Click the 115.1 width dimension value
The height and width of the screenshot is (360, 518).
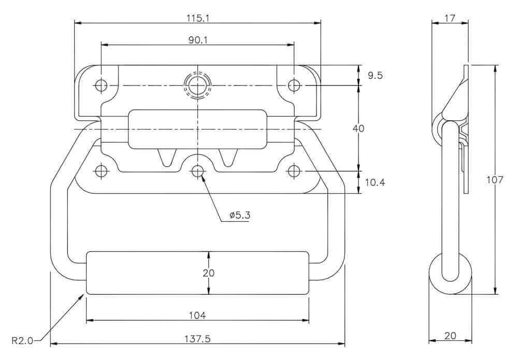tap(198, 18)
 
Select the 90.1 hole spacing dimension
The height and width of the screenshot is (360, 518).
tap(198, 40)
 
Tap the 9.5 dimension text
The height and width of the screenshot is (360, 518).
tap(375, 75)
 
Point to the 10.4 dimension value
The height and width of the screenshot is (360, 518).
tap(375, 182)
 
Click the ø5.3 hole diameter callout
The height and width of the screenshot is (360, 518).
tap(240, 215)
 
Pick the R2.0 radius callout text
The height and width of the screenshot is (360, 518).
tap(22, 340)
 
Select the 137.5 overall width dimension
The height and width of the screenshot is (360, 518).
tap(198, 339)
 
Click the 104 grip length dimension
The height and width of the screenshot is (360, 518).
tap(197, 315)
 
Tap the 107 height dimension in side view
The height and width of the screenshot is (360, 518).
tap(495, 180)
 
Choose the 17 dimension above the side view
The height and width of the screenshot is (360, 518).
tap(450, 18)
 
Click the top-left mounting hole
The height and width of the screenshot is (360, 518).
tap(101, 85)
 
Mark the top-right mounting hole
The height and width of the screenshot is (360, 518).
tap(294, 85)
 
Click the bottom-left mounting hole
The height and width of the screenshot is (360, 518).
tap(101, 171)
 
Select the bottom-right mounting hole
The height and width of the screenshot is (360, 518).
tap(294, 171)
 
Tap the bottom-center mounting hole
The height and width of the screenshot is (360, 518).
tap(197, 171)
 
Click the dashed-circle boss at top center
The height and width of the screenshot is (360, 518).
tap(197, 85)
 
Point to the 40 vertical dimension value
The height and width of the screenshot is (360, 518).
tap(358, 128)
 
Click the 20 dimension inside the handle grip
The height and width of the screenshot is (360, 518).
tap(208, 273)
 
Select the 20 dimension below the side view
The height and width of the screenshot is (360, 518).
tap(450, 336)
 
